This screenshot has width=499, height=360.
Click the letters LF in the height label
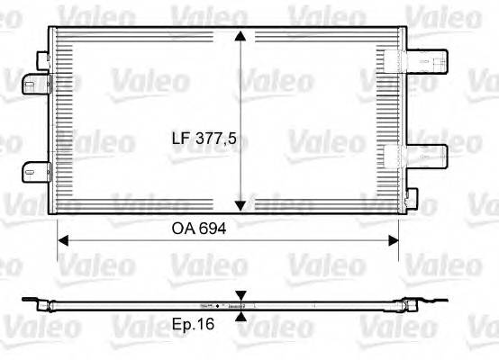tap(184, 139)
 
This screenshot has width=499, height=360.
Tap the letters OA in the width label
tap(184, 229)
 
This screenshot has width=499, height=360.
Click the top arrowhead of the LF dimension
tap(240, 37)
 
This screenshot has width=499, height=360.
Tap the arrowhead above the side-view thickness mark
tap(240, 295)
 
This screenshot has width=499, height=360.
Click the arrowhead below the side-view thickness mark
tap(240, 314)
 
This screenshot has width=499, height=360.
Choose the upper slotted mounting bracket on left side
tap(33, 84)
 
